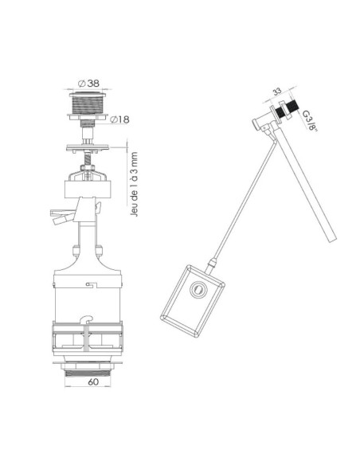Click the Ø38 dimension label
tap(88, 84)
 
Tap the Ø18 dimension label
tap(119, 119)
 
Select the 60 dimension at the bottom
tap(93, 381)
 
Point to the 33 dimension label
tap(277, 92)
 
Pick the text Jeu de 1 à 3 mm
tap(134, 184)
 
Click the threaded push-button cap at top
tap(87, 103)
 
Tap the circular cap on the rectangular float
tap(197, 288)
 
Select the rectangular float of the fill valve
tap(192, 301)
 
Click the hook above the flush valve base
tap(87, 319)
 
